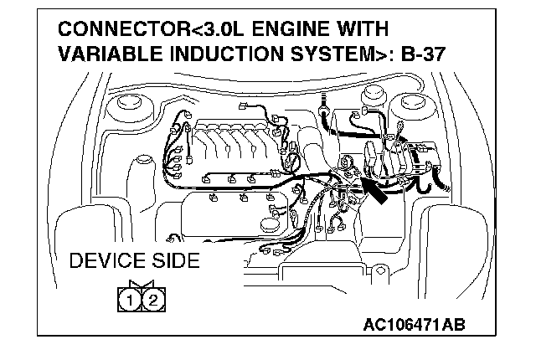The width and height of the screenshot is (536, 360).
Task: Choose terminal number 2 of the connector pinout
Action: [x=152, y=297]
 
